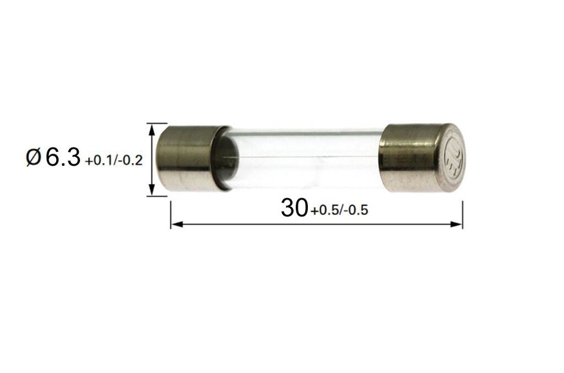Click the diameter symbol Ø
coord(33,159)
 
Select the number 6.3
coord(63,158)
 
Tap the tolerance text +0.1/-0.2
coord(114,161)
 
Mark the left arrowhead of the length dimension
coord(176,224)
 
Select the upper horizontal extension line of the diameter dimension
coord(156,123)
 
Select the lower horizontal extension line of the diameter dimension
coord(156,196)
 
